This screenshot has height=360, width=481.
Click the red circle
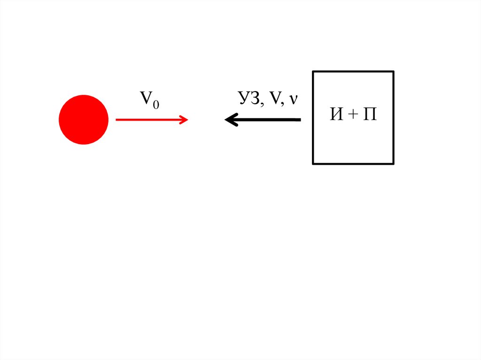pos(84,120)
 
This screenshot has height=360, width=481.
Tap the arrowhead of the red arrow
pos(185,120)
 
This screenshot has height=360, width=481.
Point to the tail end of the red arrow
pos(116,120)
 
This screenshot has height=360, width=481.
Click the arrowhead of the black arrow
pos(228,120)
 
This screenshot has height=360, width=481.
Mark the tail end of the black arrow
pos(300,120)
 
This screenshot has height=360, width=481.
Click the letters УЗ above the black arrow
pos(247,98)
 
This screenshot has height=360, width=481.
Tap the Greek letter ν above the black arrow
pos(294,100)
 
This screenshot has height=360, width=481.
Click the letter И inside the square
pos(336,115)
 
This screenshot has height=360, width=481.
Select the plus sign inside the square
pos(353,115)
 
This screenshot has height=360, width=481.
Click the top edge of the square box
pos(353,71)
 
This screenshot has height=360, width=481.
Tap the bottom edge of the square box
pos(353,164)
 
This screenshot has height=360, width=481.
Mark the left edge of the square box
pos(313,117)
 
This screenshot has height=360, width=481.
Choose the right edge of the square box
pos(393,117)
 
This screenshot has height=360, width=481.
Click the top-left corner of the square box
pos(313,72)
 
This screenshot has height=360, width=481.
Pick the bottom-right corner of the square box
pos(393,164)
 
